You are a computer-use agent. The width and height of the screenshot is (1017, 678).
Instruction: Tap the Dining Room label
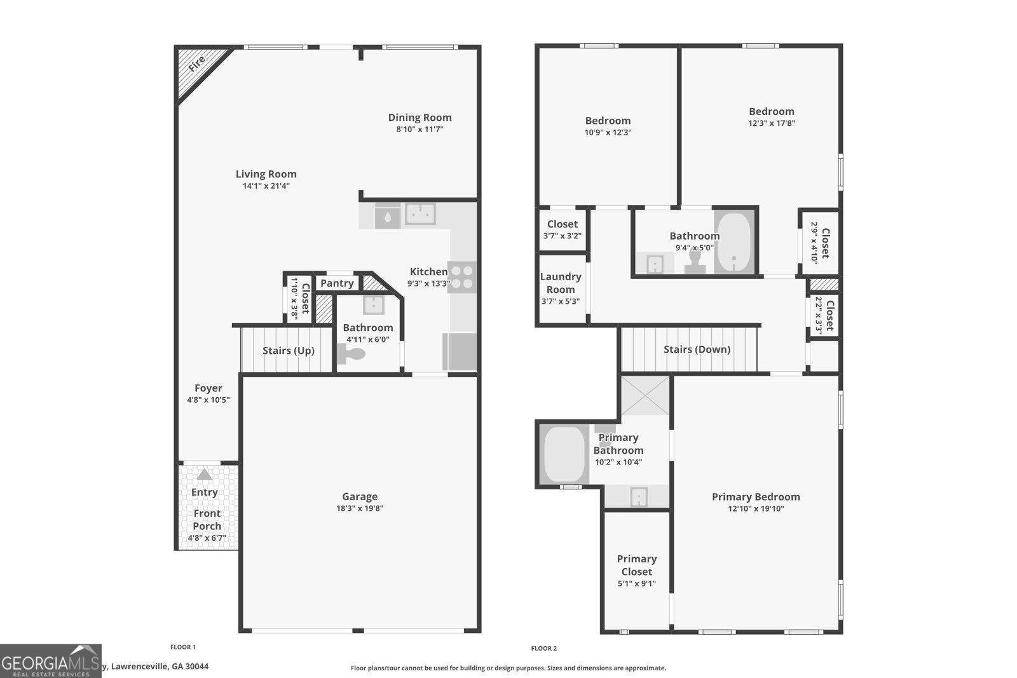(x=420, y=118)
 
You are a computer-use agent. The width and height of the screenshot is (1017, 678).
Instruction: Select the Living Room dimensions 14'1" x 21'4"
(x=266, y=186)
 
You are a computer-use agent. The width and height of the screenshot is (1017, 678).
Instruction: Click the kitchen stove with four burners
(x=461, y=277)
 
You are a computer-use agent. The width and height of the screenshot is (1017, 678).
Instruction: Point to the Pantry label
(x=337, y=283)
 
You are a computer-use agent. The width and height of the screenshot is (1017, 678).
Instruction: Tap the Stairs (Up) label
(x=288, y=351)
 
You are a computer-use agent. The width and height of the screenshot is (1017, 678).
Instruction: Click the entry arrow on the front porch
(x=204, y=474)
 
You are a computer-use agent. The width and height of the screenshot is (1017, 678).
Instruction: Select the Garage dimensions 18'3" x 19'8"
(x=360, y=508)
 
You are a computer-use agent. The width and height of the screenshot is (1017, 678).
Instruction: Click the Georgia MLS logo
(x=51, y=661)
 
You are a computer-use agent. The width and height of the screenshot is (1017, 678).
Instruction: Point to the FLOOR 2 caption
(x=543, y=648)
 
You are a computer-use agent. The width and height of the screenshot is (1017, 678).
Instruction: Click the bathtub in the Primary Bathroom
(x=564, y=454)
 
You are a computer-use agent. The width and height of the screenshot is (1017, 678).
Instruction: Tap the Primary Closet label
(x=636, y=565)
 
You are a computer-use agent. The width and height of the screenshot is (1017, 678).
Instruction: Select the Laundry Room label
(x=561, y=283)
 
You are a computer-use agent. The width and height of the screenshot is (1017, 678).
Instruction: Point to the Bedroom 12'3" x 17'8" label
(x=771, y=112)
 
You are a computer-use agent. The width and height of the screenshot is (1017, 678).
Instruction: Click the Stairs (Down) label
(x=697, y=349)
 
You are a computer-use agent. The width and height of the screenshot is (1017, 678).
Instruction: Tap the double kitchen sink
(x=420, y=214)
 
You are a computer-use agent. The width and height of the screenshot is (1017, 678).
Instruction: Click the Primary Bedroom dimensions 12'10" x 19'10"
(x=756, y=509)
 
